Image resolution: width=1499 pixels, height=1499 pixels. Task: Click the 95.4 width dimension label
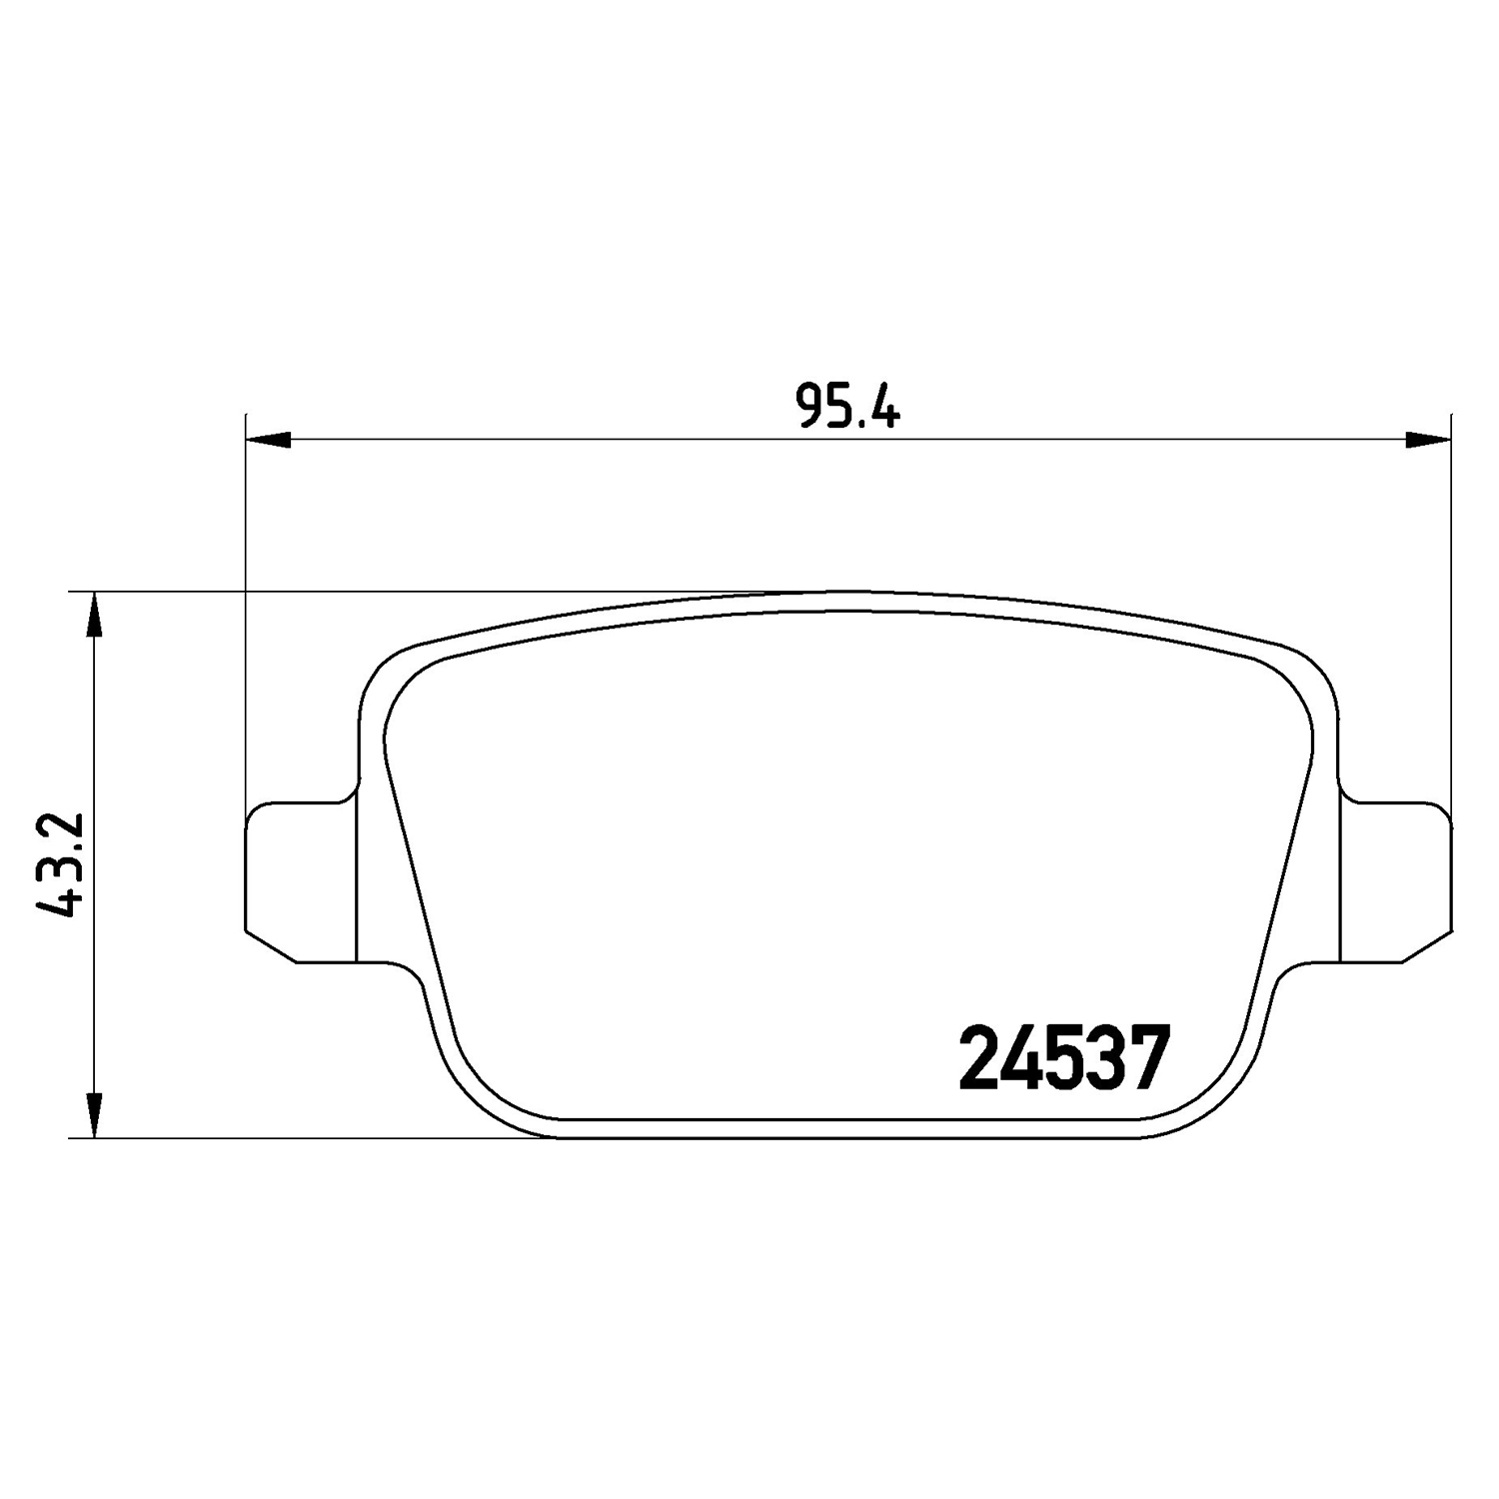[848, 406]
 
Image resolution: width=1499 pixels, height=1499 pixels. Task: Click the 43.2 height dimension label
[57, 865]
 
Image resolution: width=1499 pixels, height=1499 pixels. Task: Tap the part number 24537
[1063, 1058]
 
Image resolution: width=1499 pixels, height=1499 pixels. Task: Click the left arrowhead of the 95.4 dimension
[268, 439]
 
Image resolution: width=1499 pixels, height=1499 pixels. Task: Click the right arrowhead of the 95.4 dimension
[1428, 439]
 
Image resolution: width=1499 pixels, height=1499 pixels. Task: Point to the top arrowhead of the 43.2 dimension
[93, 615]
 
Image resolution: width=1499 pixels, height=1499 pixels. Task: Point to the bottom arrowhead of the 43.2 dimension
[93, 1114]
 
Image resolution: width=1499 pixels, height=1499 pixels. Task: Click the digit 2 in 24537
[978, 1058]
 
